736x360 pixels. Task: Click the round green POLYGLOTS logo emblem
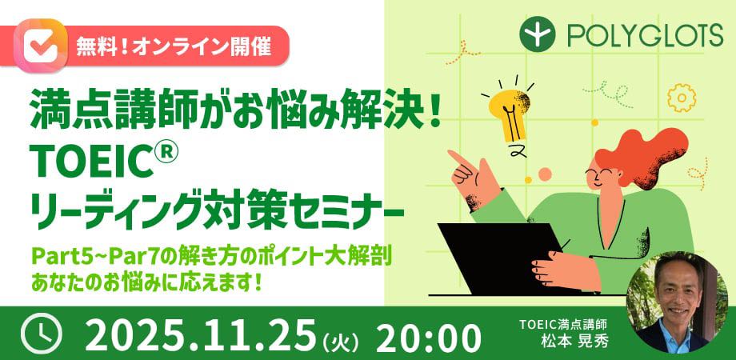click(538, 36)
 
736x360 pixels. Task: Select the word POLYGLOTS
click(646, 36)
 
